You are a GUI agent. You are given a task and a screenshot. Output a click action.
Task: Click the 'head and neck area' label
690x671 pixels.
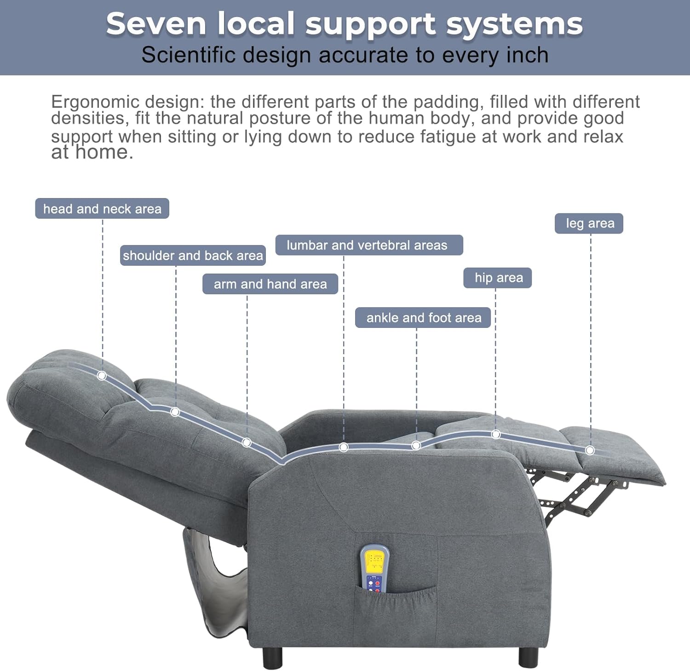click(x=102, y=209)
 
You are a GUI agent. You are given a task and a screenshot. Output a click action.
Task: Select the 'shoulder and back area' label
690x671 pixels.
click(x=193, y=256)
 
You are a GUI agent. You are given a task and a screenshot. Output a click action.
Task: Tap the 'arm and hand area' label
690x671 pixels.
click(x=270, y=284)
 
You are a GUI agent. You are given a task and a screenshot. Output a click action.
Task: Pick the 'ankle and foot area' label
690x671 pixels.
click(x=423, y=318)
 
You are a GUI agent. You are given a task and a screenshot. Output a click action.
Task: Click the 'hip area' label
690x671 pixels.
click(x=497, y=278)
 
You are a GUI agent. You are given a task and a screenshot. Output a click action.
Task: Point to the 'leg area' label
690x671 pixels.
click(x=589, y=223)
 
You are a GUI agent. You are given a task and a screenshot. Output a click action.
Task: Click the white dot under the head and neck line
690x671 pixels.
click(x=102, y=376)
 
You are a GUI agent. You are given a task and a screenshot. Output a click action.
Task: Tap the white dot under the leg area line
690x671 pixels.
click(x=590, y=450)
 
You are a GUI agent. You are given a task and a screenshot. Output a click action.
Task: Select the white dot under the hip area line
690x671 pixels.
click(x=495, y=434)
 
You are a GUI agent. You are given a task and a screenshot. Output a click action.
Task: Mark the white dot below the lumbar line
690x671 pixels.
click(x=343, y=447)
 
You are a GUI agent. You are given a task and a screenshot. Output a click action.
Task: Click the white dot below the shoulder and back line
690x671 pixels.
click(x=175, y=412)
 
